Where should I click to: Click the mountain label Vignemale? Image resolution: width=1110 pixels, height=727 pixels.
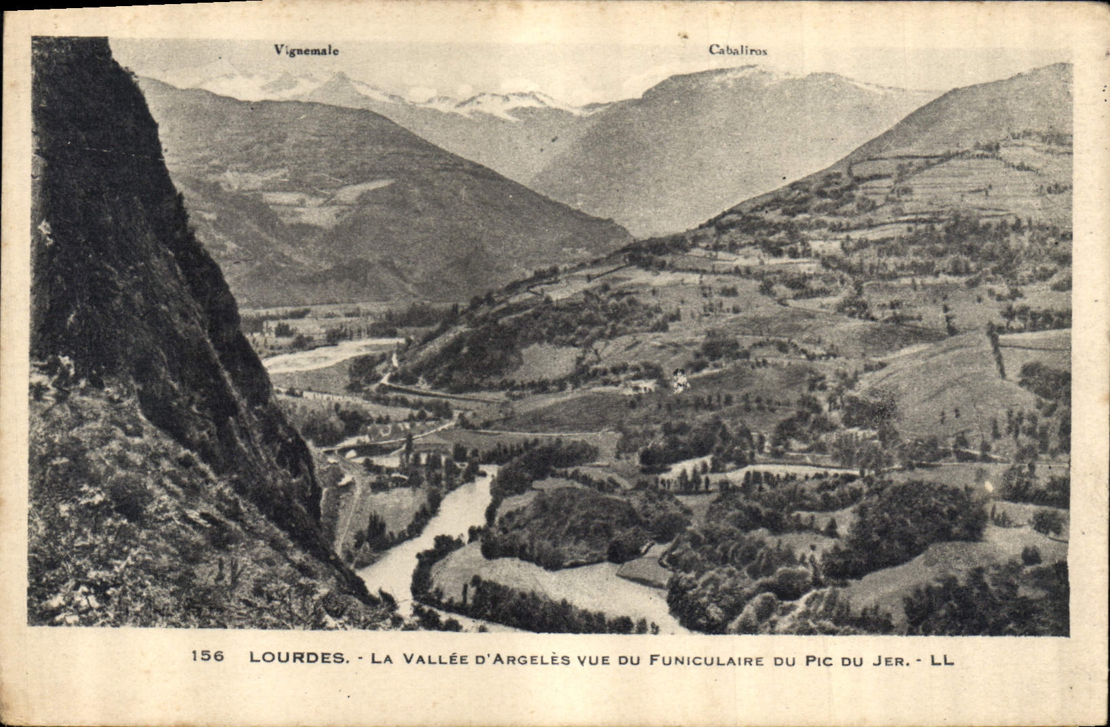(x=306, y=50)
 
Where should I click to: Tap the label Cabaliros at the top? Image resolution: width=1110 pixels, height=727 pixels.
(x=738, y=50)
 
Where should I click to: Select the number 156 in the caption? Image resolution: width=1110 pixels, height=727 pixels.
(x=208, y=656)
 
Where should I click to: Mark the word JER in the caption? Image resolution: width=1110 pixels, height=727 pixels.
(x=888, y=657)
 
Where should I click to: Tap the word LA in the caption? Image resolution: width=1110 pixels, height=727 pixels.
(x=386, y=657)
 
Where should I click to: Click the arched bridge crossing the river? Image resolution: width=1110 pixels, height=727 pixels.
(x=353, y=447)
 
